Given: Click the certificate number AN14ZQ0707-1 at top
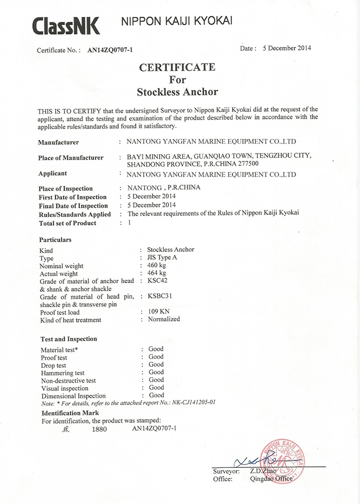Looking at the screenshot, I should pyautogui.click(x=110, y=50).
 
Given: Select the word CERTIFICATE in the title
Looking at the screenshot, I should pyautogui.click(x=177, y=67).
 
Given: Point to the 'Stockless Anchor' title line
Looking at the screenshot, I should pyautogui.click(x=177, y=91).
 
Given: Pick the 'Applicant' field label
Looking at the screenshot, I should pyautogui.click(x=53, y=173).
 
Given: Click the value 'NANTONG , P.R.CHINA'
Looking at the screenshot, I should pyautogui.click(x=164, y=187).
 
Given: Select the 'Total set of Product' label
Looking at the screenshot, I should pyautogui.click(x=67, y=223).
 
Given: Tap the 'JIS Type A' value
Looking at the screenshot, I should pyautogui.click(x=163, y=257).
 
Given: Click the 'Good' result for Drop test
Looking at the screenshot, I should pyautogui.click(x=156, y=364).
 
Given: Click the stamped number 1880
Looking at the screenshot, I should pyautogui.click(x=99, y=430).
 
